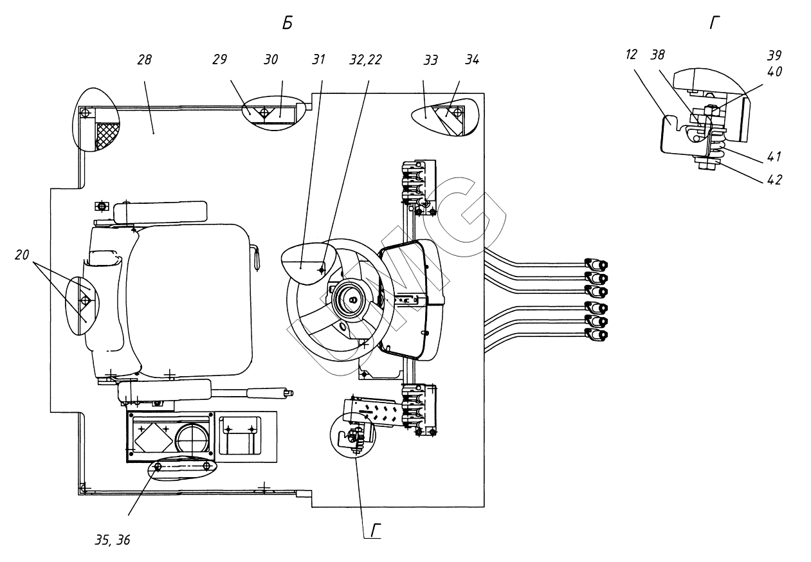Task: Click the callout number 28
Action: click(x=145, y=59)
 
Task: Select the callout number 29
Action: click(x=220, y=59)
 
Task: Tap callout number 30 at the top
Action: click(x=271, y=59)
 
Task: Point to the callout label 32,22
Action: click(x=366, y=60)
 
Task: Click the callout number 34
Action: click(x=472, y=59)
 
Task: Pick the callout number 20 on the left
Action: click(x=22, y=255)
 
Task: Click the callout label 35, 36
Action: click(x=113, y=540)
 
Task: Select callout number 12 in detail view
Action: click(x=631, y=55)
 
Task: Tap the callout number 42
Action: click(x=774, y=180)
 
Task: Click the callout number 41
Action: click(x=774, y=157)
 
